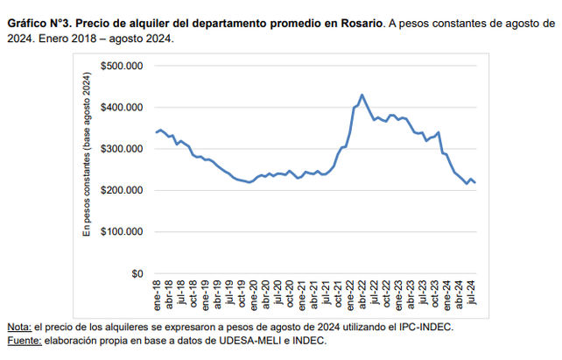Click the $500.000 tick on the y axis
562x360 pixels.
pyautogui.click(x=122, y=66)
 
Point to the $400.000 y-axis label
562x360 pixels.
pyautogui.click(x=122, y=107)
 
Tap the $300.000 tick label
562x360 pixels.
pyautogui.click(x=122, y=149)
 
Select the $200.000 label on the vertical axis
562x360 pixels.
pyautogui.click(x=122, y=190)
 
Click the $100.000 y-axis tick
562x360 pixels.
pyautogui.click(x=122, y=232)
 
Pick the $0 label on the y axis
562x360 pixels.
pyautogui.click(x=136, y=273)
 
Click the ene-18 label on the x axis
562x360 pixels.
pyautogui.click(x=157, y=296)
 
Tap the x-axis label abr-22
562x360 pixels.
pyautogui.click(x=362, y=296)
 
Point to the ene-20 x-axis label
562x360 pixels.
pyautogui.click(x=253, y=296)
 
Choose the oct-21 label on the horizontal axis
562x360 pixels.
pyautogui.click(x=338, y=296)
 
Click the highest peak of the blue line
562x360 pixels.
pyautogui.click(x=362, y=95)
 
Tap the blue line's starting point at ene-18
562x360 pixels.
pyautogui.click(x=156, y=132)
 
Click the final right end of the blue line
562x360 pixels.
pyautogui.click(x=475, y=182)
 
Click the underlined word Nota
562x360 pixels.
pyautogui.click(x=17, y=326)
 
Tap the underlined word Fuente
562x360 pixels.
pyautogui.click(x=23, y=340)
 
